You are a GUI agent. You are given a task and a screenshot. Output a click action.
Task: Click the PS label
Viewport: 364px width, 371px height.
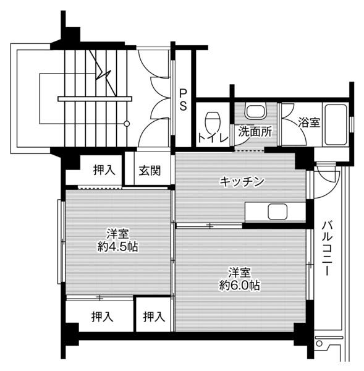[184, 100]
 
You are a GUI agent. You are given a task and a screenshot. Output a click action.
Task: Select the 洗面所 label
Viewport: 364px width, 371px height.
[255, 132]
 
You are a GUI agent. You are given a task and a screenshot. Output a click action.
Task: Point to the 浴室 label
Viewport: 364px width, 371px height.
[309, 122]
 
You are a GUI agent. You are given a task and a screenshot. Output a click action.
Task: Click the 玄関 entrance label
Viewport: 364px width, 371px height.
[150, 170]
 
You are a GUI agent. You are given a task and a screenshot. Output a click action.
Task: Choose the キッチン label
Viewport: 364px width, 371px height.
[242, 181]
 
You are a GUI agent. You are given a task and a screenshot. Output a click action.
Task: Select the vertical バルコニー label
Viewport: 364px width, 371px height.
[328, 247]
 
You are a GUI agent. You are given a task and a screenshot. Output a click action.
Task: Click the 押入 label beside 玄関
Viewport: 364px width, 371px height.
[104, 170]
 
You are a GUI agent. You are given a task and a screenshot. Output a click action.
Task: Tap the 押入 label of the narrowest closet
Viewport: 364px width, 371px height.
[153, 317]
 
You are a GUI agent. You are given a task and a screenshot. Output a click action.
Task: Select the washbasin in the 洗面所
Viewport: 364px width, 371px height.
[255, 112]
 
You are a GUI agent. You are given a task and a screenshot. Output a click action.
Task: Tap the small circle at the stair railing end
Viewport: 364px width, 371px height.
[127, 124]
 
